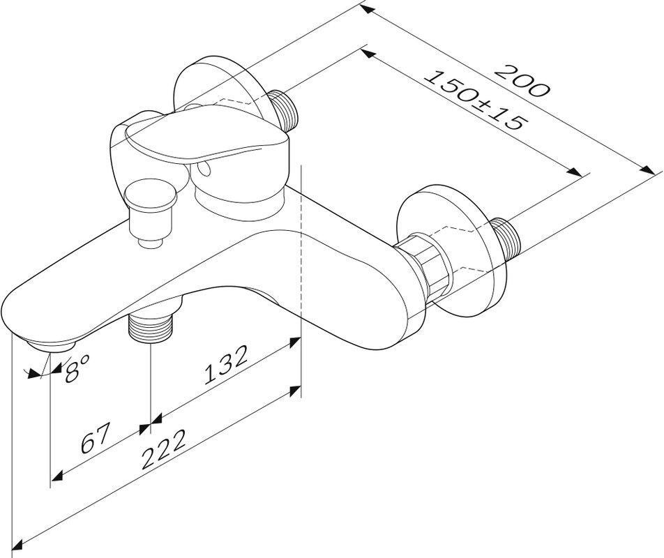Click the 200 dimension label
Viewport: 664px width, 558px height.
pos(522,80)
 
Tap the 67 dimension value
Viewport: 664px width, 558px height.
pos(96,438)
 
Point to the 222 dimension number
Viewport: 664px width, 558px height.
pos(163,450)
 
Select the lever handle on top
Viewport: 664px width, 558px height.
pos(202,135)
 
